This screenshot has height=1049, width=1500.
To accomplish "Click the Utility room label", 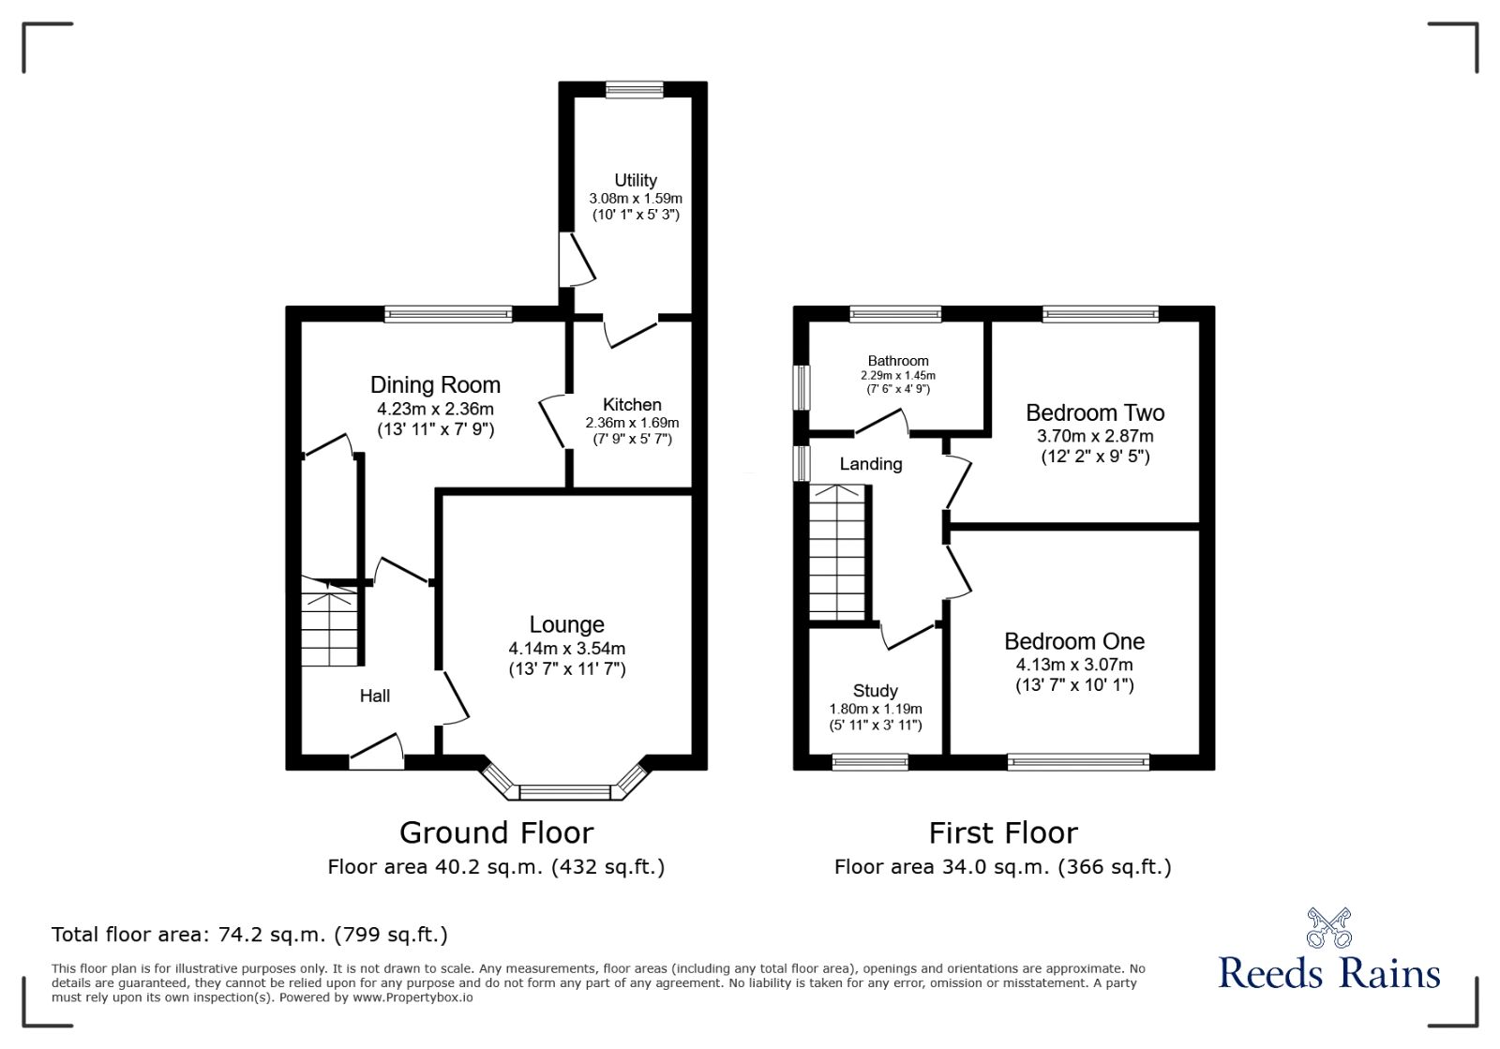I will point(636,180).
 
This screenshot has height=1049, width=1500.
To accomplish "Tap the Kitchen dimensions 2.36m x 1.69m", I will point(632,423).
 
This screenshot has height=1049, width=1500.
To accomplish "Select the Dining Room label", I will point(435,384).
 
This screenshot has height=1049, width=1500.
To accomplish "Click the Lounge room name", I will point(566,624).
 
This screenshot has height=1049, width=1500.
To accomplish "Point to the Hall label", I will point(374,696).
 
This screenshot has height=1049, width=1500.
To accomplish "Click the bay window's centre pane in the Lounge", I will point(564,793).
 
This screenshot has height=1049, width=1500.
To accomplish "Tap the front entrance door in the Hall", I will point(377,755).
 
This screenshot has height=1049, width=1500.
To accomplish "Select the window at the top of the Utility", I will point(634,89).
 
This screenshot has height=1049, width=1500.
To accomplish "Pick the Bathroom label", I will point(898,361).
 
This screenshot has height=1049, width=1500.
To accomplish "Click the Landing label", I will point(871,464).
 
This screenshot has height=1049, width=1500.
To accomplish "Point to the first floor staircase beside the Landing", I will point(837,553).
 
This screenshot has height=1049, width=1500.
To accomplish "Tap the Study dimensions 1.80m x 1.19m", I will point(876,709).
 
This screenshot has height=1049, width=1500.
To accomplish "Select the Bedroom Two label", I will point(1095,412).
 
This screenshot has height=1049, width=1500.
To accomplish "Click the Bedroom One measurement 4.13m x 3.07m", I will point(1074,665).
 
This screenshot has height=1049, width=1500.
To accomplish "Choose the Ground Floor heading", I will point(496,832).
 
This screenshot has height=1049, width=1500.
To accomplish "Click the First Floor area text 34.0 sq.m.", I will point(1002,867).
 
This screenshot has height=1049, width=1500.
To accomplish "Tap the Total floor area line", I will point(249,935).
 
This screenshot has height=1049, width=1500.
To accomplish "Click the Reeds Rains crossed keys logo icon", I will point(1328,927).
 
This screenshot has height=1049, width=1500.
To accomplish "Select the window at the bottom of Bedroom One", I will point(1078,762).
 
